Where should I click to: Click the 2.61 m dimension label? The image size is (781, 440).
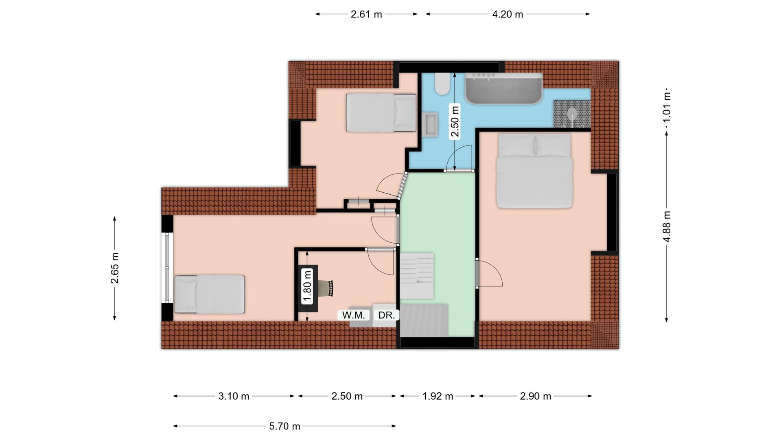366,14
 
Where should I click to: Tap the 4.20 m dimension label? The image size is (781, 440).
508,14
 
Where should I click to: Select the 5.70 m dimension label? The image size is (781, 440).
284,426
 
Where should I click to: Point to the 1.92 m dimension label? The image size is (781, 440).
438,396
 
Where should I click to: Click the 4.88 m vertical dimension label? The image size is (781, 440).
667,227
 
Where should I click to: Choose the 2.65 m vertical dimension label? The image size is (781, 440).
115,268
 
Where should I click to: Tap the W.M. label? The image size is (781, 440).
353,315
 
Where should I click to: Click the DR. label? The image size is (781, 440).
386,315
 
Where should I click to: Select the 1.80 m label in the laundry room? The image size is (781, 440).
307,286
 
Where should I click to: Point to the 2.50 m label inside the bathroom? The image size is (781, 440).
455,121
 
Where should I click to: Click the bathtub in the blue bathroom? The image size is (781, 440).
504,88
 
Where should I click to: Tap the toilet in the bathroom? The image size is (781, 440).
442,84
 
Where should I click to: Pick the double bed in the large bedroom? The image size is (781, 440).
534,171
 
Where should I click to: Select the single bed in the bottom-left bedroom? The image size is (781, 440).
209,294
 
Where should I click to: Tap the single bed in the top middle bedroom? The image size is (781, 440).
381,113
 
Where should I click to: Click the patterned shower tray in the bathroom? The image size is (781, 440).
572,114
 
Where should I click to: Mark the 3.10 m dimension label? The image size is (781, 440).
234,396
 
